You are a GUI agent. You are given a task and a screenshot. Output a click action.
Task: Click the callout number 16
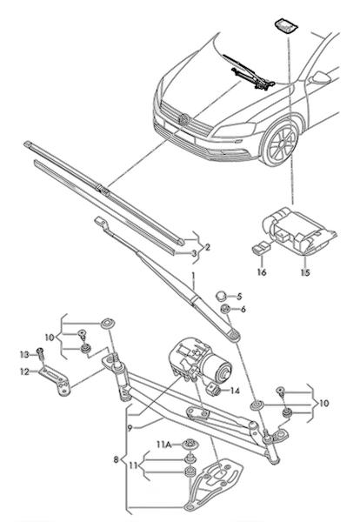click(262, 272)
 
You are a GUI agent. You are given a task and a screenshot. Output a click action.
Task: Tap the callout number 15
click(305, 272)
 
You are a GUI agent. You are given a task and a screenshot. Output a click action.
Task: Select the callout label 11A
click(164, 444)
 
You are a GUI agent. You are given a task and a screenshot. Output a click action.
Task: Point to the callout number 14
click(235, 391)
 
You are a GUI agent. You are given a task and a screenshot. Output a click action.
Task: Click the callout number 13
click(24, 355)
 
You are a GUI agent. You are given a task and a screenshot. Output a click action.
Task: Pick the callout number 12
click(24, 371)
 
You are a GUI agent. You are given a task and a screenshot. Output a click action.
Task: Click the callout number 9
click(130, 428)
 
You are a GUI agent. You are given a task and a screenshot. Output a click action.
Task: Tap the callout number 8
click(116, 460)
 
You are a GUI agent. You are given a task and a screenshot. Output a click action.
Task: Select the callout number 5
click(239, 296)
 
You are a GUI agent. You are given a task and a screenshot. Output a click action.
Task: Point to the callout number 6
click(243, 309)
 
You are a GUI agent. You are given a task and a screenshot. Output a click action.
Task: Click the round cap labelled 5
click(221, 296)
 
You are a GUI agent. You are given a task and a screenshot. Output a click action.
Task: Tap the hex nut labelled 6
click(225, 309)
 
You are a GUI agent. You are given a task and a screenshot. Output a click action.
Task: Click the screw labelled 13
click(40, 353)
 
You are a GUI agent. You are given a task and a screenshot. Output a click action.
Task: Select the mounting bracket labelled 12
click(55, 380)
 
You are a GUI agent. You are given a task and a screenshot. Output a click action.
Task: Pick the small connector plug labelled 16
click(261, 248)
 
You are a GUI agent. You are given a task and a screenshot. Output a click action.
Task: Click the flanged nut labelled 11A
click(190, 444)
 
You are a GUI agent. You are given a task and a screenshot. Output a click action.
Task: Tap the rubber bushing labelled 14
click(214, 389)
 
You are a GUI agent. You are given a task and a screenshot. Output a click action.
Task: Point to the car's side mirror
click(319, 78)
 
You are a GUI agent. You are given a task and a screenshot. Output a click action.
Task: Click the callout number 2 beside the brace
click(208, 247)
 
